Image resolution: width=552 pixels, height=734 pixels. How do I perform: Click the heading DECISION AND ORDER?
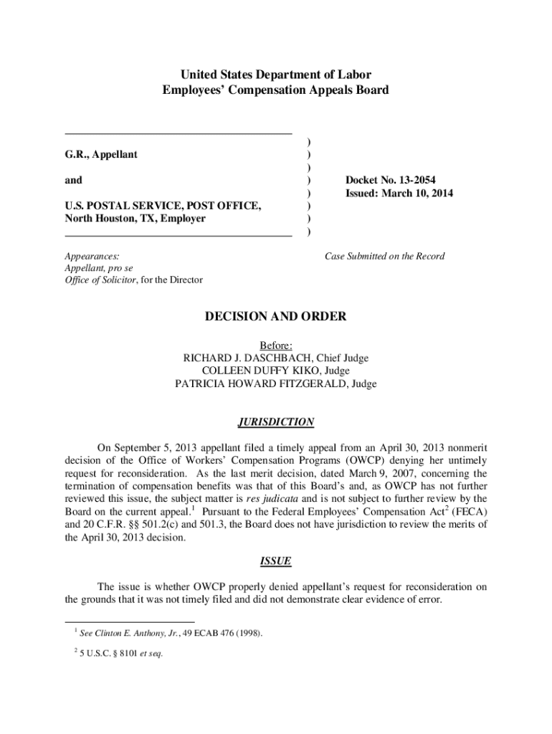(x=276, y=316)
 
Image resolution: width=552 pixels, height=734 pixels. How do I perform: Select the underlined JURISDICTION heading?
(x=276, y=422)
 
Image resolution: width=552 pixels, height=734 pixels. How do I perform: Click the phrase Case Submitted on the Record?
(x=384, y=256)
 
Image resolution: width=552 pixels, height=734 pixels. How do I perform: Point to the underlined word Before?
(x=276, y=345)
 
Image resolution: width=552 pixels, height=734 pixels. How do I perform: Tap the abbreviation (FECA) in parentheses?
(x=457, y=511)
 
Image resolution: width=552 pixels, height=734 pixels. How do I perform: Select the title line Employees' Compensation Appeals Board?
(x=276, y=90)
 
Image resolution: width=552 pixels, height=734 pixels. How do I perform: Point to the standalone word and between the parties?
(x=73, y=180)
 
